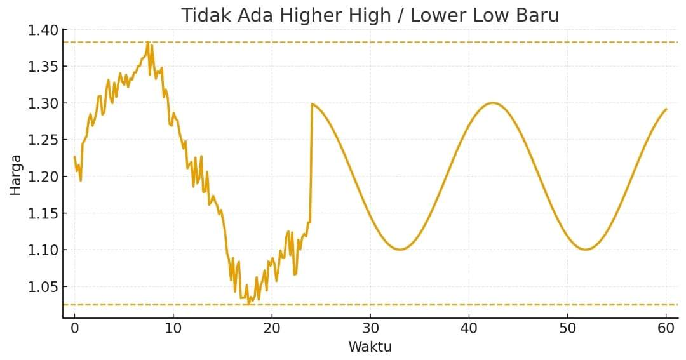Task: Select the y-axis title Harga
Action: click(15, 175)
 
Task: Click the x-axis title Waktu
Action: click(370, 347)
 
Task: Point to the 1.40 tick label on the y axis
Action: click(43, 30)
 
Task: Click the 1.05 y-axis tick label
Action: click(43, 287)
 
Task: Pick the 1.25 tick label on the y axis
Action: click(43, 140)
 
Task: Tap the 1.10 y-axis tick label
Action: click(43, 250)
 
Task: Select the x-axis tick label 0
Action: click(74, 329)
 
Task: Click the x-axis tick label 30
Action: click(370, 329)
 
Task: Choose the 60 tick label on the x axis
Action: click(666, 329)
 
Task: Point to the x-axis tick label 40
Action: click(468, 329)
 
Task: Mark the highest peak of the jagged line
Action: click(148, 43)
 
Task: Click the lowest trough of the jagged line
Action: click(248, 304)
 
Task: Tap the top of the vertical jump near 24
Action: click(311, 103)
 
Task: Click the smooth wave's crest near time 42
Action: click(492, 103)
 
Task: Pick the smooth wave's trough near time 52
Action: click(585, 250)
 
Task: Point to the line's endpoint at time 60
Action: click(666, 109)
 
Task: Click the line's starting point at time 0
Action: click(74, 157)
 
